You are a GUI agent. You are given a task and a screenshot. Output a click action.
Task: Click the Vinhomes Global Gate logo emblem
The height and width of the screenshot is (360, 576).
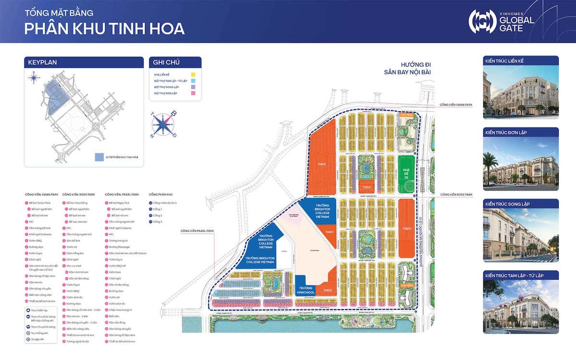[482, 21]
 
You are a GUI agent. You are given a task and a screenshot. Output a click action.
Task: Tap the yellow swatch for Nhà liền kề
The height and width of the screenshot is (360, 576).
[192, 75]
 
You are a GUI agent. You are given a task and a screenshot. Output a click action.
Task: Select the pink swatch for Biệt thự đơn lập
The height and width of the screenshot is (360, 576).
[192, 94]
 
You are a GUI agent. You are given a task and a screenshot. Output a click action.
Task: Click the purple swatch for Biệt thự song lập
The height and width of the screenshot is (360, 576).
[192, 87]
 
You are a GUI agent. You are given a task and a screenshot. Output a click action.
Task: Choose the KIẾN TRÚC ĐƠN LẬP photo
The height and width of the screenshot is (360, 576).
[520, 160]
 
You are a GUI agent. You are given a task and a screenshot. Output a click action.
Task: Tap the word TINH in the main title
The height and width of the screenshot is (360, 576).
[123, 28]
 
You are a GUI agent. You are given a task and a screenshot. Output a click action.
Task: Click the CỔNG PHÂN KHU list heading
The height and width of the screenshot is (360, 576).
[160, 194]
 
